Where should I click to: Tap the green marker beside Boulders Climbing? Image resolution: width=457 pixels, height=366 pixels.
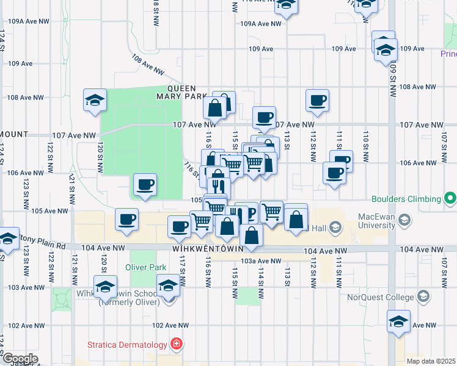pos(450,198)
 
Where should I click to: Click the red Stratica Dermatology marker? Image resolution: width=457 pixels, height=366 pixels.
pos(177,345)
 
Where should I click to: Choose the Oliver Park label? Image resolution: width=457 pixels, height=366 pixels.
pos(142,267)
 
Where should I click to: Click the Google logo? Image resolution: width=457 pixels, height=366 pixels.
pos(20,359)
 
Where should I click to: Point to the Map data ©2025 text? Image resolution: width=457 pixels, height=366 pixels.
pos(431,361)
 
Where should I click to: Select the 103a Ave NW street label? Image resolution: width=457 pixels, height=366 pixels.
pos(261,261)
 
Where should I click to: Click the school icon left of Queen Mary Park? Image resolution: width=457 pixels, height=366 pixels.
pos(95,101)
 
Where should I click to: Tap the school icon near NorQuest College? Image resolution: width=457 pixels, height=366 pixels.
pos(398,321)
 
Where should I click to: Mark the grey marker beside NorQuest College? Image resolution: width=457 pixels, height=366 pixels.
pos(423,298)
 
